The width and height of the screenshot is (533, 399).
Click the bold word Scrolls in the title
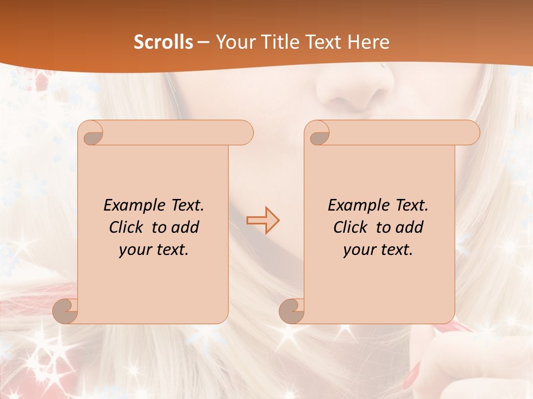click(163, 42)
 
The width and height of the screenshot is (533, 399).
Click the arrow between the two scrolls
click(263, 221)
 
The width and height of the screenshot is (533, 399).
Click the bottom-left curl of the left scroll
click(65, 311)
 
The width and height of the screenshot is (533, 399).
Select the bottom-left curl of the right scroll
click(291, 311)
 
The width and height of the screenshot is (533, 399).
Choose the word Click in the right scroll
click(350, 227)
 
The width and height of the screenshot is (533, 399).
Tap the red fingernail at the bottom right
click(411, 380)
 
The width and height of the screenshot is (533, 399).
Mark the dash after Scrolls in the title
click(203, 42)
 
